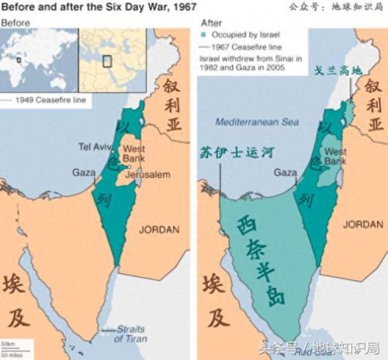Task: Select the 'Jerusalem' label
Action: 148,175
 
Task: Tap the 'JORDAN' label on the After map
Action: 362,225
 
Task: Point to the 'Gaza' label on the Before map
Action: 85,172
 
